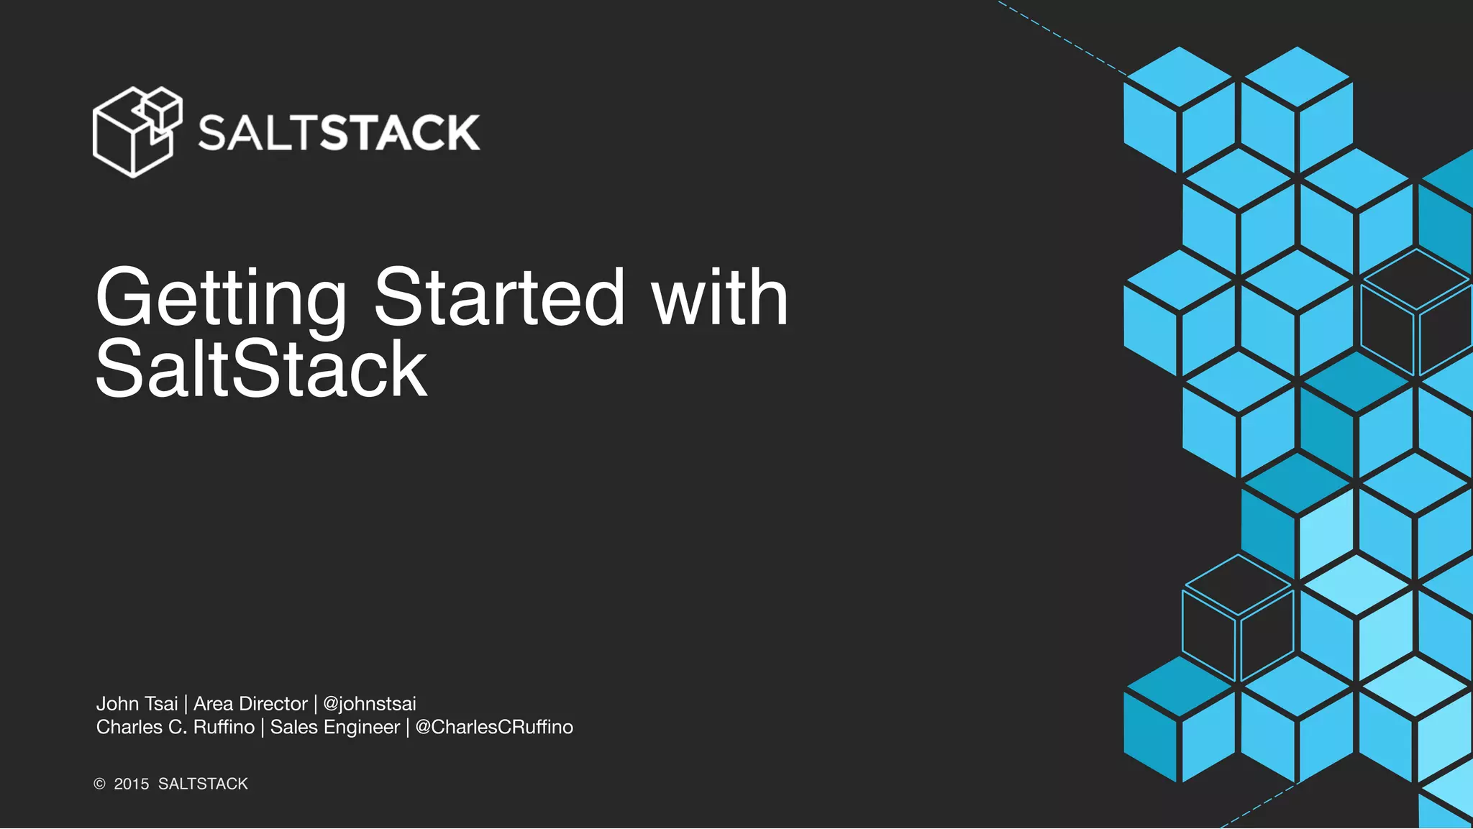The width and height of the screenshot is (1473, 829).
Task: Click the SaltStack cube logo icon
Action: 137,132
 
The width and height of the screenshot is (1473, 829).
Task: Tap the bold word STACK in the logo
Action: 399,133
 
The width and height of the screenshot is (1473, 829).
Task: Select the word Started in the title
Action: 499,296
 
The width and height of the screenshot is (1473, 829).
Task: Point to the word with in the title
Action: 719,296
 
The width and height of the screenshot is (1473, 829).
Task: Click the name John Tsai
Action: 137,704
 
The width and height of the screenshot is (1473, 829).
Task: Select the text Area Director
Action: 250,704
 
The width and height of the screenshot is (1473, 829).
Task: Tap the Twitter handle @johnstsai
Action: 369,704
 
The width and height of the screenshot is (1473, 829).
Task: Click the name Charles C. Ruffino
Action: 175,728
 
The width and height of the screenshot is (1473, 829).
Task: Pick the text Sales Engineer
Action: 334,728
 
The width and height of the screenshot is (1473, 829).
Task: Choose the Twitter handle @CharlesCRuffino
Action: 494,728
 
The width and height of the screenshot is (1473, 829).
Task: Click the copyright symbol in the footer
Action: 100,784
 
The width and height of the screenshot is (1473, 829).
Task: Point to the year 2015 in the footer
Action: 132,784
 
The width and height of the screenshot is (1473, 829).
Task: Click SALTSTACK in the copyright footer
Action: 203,784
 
